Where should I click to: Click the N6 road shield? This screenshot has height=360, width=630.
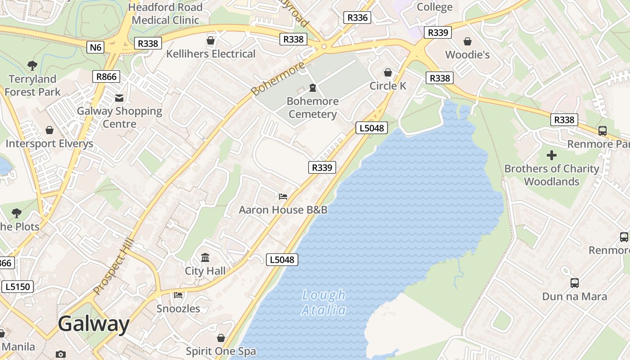pos(96,47)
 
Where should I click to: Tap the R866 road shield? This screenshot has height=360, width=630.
pos(107,76)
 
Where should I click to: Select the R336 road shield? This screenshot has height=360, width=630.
pos(357,18)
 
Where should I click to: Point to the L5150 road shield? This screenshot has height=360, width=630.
pos(18,287)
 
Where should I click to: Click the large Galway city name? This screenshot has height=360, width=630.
pos(94,324)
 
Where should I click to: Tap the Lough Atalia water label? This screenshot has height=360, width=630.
pos(324,303)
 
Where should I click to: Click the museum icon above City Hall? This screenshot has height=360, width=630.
pos(205,258)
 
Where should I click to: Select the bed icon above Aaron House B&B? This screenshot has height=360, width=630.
pos(283,196)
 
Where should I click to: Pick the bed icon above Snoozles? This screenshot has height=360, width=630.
pos(178,295)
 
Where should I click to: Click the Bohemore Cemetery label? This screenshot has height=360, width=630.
pos(313,108)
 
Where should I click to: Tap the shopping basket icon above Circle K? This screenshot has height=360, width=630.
pos(387,72)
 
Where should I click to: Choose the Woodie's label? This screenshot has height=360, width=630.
pos(468,54)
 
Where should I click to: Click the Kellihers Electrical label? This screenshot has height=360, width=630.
pos(211,54)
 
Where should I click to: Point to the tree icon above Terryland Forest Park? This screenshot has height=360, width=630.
pos(32,66)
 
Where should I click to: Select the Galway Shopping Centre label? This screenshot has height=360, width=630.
pos(119,117)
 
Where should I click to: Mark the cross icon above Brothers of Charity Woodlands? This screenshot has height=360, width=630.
pos(552,156)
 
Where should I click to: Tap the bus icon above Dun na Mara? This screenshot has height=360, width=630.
pos(575,283)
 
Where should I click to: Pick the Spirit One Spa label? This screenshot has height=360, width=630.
pos(221,351)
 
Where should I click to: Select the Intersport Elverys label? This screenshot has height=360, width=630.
pos(49,144)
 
